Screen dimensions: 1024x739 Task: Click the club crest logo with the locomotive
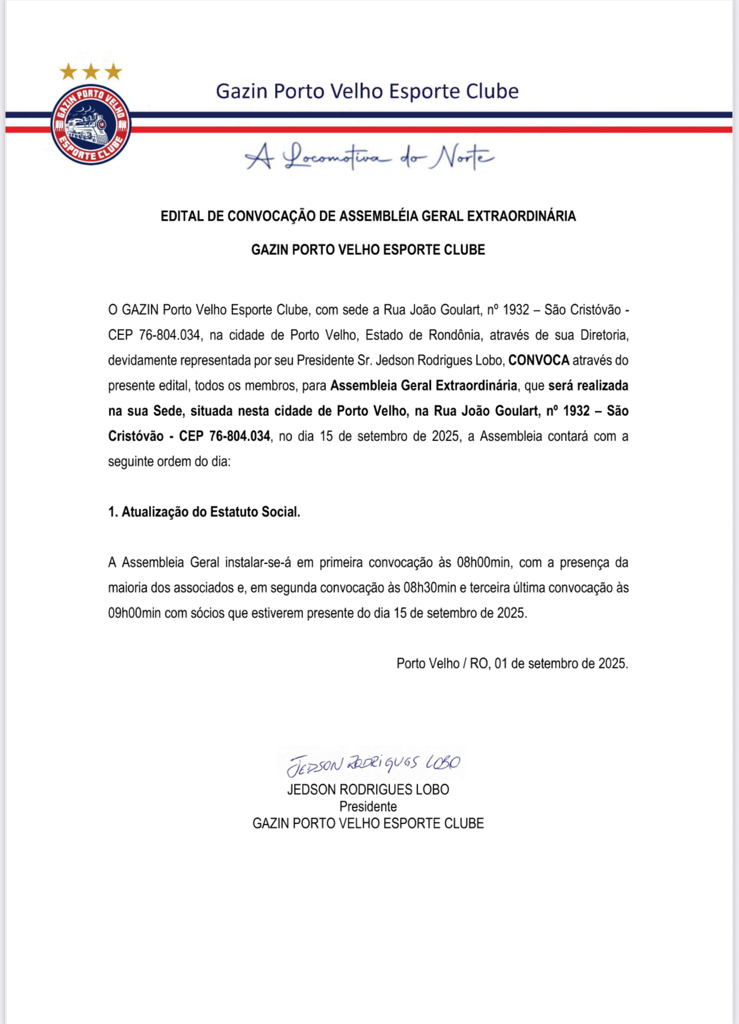[x=91, y=124]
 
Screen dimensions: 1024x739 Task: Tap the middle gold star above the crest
[x=91, y=72]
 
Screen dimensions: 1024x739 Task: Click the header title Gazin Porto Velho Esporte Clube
[x=367, y=91]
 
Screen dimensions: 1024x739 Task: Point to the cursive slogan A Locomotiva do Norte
[x=369, y=156]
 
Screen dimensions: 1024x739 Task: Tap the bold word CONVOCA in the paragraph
[x=538, y=360]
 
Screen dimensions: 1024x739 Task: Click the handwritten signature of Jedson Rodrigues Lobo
[x=374, y=763]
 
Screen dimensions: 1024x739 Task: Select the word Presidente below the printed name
[x=368, y=806]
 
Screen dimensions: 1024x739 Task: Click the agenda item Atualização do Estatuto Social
[x=205, y=511]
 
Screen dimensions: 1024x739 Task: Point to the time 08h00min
[x=483, y=562]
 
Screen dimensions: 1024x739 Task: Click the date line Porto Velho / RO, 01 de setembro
[x=512, y=663]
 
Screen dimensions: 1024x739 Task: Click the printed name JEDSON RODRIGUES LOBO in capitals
[x=368, y=789]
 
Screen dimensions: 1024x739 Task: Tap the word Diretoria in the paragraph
[x=604, y=335]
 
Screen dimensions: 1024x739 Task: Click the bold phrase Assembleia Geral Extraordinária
[x=423, y=385]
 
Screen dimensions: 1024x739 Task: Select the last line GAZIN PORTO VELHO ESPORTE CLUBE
[x=368, y=823]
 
